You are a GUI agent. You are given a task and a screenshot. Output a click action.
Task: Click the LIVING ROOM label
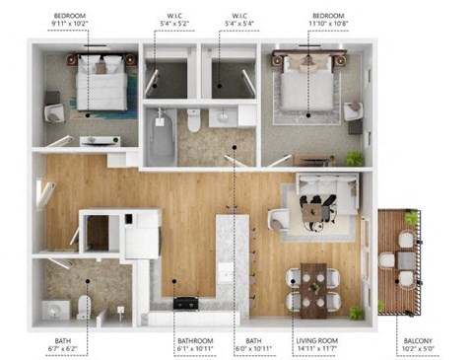(x=316, y=339)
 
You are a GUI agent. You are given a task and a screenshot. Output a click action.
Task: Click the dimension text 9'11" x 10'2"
(x=84, y=25)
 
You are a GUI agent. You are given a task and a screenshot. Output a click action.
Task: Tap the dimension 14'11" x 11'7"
(x=316, y=347)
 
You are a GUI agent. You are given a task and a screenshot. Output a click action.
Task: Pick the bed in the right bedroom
(x=307, y=90)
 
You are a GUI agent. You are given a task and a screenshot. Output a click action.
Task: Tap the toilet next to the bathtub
(x=193, y=120)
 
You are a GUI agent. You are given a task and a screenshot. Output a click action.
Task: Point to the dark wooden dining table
(x=314, y=287)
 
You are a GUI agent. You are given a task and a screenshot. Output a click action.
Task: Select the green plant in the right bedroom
(x=355, y=158)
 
